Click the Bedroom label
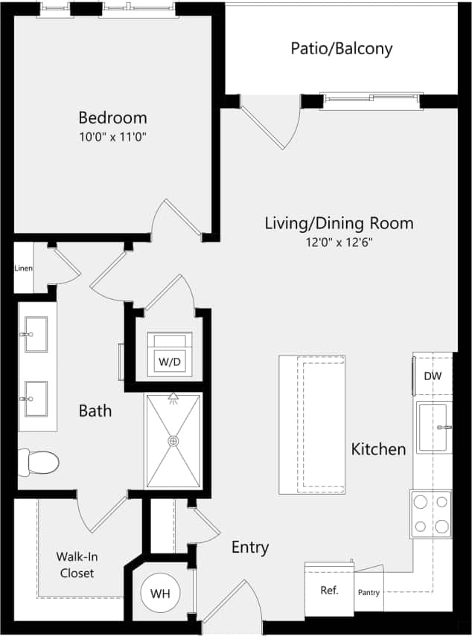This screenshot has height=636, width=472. point(112,118)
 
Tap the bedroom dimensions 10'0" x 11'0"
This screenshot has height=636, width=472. point(112,137)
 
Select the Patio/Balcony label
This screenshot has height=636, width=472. point(341,49)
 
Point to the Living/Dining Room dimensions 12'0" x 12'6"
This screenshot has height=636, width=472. point(339,242)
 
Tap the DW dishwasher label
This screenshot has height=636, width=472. point(433,376)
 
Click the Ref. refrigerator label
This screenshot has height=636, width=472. point(329,591)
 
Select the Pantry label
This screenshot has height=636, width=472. point(369,593)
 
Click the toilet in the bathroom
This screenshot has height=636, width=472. point(39,463)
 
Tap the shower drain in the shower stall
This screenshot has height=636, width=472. point(173,441)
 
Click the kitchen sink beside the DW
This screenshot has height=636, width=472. point(434,427)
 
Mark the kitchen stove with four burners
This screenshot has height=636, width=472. point(430,513)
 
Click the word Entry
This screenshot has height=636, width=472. point(249,547)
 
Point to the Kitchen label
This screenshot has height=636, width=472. point(378,449)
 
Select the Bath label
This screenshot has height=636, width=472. point(95,410)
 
